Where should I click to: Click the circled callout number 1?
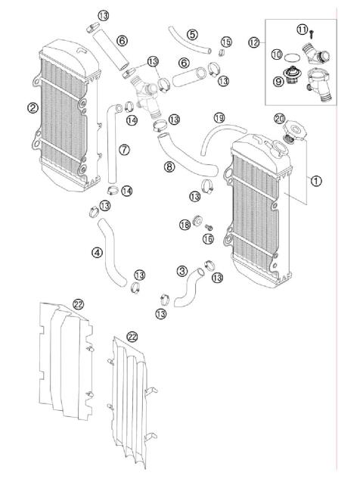click(316, 181)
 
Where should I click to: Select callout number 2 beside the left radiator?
click(33, 107)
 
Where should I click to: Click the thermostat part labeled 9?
click(290, 76)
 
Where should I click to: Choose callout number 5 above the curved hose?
click(192, 34)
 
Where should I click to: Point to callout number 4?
click(98, 253)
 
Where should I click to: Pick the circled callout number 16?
click(208, 239)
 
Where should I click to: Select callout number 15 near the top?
click(226, 41)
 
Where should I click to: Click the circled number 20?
click(280, 118)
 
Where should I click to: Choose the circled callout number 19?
click(219, 117)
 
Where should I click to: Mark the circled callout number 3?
click(182, 270)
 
